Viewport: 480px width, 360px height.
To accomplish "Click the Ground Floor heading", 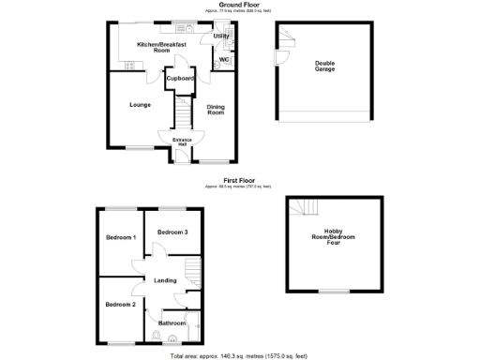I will pos(239,5).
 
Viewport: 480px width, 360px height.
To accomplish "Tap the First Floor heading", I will pos(239,179).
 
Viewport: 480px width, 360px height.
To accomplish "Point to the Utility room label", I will pos(221,37).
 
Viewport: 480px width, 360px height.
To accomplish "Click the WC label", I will pos(224,61).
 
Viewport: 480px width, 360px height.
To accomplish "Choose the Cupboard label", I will pos(180,79).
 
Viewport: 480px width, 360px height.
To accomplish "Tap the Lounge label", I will pos(141,104).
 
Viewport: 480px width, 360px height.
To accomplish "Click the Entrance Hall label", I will pos(182,142).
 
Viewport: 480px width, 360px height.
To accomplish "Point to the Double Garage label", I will pos(323,67).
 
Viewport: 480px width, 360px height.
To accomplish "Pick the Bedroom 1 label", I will pos(121,238).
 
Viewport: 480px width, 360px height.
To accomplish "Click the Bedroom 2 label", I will pos(121,305).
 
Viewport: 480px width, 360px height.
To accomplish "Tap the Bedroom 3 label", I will pos(172,232).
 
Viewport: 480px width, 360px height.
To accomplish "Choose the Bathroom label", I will pos(172,323).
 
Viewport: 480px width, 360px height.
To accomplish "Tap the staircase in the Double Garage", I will pos(286,37).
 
